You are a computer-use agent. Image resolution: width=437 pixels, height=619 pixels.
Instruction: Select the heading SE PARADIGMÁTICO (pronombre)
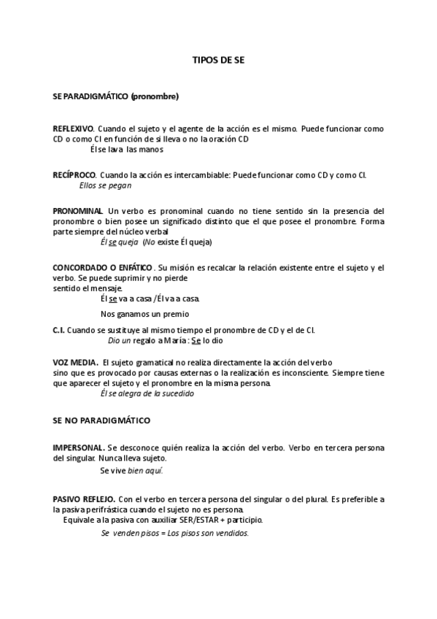[x=116, y=96]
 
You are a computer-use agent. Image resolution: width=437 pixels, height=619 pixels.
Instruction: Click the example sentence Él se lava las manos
[x=126, y=150]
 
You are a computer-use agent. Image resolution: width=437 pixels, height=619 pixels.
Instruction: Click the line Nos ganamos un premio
[x=144, y=315]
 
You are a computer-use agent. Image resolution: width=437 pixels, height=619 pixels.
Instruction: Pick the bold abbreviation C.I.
[x=59, y=330]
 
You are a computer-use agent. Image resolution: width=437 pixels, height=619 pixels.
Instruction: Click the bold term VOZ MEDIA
[x=76, y=362]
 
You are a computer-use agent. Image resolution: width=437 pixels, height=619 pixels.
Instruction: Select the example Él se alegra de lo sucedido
[x=147, y=393]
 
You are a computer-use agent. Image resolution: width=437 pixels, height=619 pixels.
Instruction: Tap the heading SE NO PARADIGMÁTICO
[x=101, y=421]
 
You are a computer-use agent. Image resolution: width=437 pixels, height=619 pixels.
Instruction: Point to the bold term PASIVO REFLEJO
[x=84, y=499]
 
